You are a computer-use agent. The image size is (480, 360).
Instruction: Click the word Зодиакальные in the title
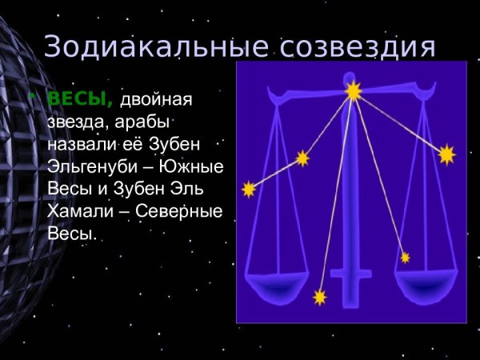pyautogui.click(x=153, y=46)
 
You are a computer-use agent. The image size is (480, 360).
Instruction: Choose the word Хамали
pyautogui.click(x=79, y=212)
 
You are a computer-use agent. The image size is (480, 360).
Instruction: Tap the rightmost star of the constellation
pyautogui.click(x=446, y=154)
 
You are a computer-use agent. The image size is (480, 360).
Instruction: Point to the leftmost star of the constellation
pyautogui.click(x=249, y=189)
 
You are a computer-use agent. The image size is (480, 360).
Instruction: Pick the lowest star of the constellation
pyautogui.click(x=320, y=298)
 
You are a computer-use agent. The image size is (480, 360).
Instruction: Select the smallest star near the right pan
pyautogui.click(x=405, y=258)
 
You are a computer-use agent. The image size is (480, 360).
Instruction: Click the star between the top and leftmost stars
pyautogui.click(x=302, y=158)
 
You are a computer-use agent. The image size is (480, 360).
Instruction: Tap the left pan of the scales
pyautogui.click(x=276, y=285)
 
